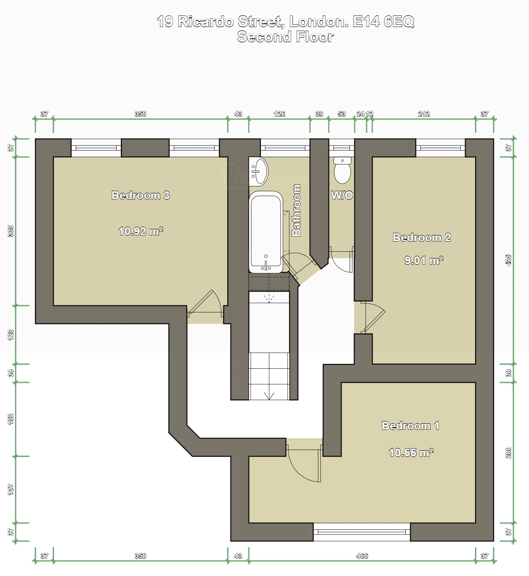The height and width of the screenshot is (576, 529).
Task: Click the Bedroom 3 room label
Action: coord(141,195)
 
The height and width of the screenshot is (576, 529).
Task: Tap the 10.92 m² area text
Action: coord(141,231)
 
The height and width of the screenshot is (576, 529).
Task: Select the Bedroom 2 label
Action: coord(422,237)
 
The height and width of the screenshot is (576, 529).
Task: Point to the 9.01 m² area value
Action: coord(424,260)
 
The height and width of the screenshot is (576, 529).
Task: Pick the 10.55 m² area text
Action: coord(411,452)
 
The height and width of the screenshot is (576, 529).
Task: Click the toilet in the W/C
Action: coord(342,171)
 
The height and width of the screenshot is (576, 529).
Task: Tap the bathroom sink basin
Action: coord(259,171)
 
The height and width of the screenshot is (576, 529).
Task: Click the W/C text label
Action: coord(342,195)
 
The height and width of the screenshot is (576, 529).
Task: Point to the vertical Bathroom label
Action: coord(296,210)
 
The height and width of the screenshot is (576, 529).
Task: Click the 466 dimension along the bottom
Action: coord(362,556)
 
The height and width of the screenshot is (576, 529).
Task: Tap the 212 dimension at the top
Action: coord(424,114)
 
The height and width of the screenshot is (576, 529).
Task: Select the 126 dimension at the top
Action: coord(279,114)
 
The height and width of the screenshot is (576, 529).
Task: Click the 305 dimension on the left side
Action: coord(11,231)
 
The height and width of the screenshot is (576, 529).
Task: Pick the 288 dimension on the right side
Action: coord(508,453)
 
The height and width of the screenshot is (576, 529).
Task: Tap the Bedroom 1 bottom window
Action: coord(361,532)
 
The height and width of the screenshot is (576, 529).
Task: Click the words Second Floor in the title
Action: coord(285,37)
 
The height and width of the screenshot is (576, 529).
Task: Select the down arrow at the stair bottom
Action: coord(269,396)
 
